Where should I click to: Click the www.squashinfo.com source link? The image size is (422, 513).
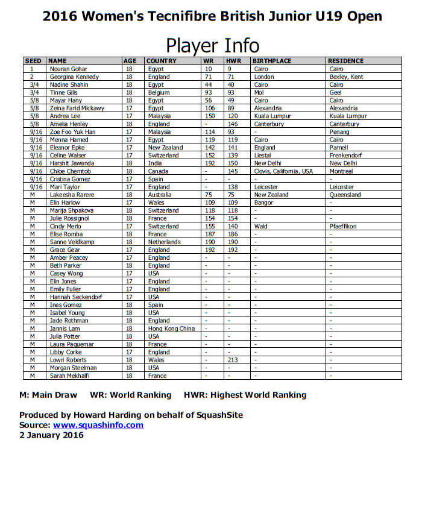98,425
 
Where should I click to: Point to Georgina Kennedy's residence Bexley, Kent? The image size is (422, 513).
347,77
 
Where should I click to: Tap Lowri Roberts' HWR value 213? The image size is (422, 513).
233,360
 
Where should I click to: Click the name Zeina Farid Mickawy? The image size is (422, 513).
77,109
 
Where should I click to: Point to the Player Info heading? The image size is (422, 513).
212,45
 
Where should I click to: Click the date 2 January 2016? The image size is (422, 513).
51,435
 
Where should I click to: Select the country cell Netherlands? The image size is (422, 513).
164,242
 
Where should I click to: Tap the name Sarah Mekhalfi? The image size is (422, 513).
70,376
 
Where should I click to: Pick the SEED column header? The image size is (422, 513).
33,61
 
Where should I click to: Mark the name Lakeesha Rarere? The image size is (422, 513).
72,195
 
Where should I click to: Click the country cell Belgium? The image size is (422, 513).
159,93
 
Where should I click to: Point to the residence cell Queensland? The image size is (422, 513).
345,195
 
